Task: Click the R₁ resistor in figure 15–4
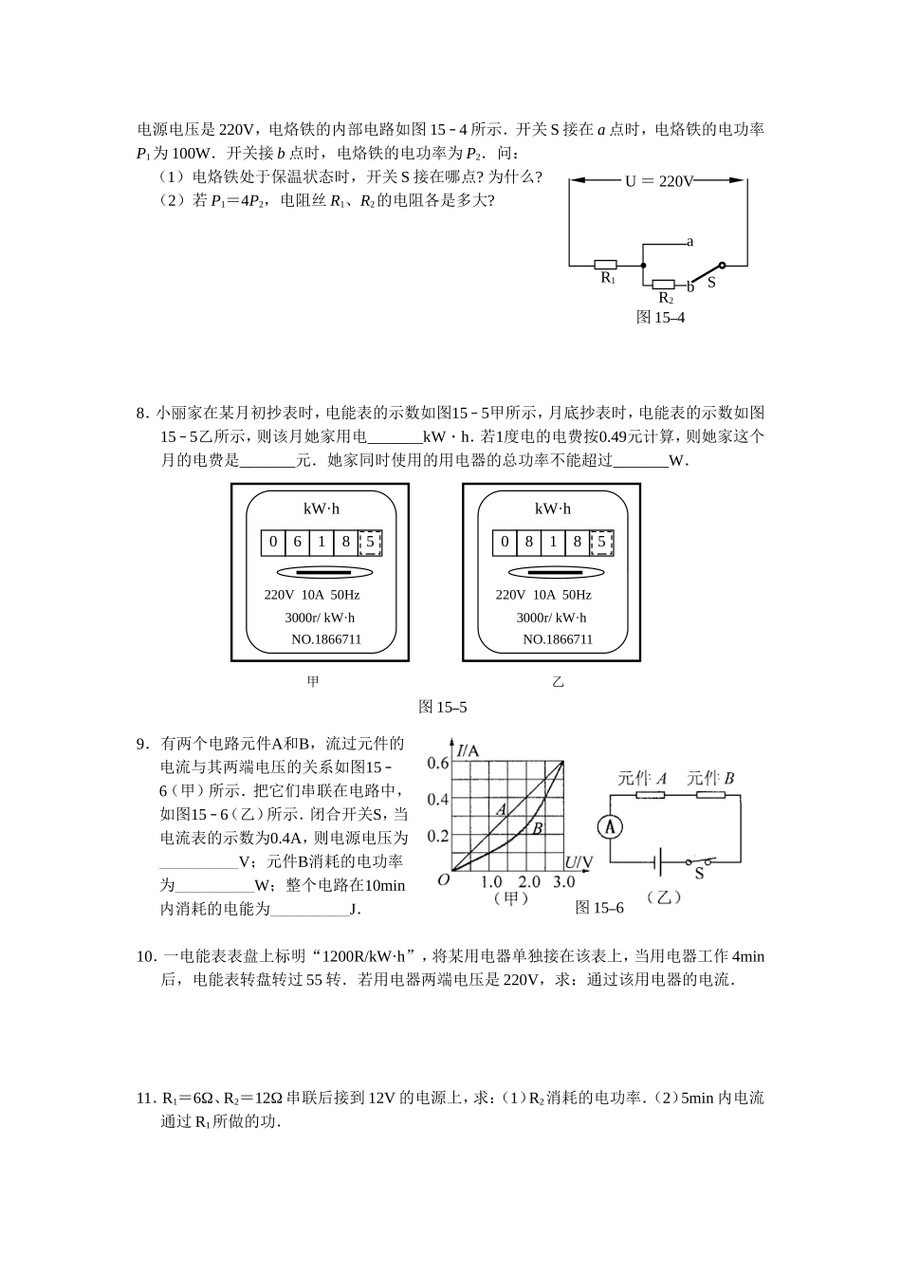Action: point(605,265)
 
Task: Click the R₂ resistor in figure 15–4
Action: point(664,284)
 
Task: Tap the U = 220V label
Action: point(659,180)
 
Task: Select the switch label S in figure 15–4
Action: point(711,283)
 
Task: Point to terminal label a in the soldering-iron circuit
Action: point(690,242)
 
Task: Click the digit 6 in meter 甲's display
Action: point(297,542)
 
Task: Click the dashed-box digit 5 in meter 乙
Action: point(601,542)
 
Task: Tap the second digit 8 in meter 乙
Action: point(577,542)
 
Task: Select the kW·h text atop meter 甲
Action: point(322,508)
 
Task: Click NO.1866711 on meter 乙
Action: point(558,639)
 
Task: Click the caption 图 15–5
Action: point(443,707)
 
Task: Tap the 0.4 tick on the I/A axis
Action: point(437,799)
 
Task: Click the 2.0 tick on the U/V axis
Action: point(529,881)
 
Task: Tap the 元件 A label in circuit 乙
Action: point(642,779)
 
